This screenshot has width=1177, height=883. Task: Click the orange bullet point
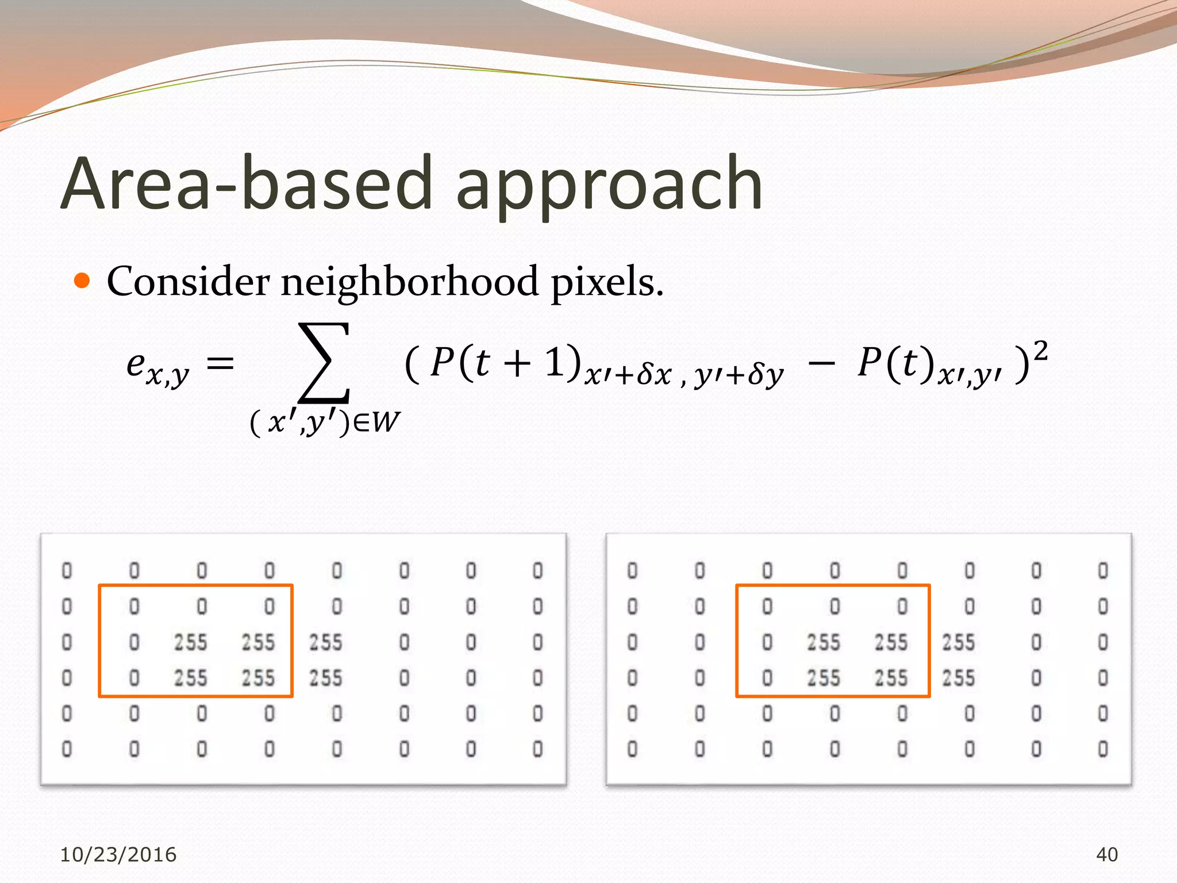pyautogui.click(x=83, y=281)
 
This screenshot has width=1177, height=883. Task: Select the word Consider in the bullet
pyautogui.click(x=188, y=282)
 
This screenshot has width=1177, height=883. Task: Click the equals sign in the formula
pyautogui.click(x=220, y=364)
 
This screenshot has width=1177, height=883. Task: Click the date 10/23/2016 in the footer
pyautogui.click(x=118, y=854)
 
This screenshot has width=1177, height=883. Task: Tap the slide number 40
pyautogui.click(x=1107, y=854)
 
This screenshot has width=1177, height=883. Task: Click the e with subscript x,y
pyautogui.click(x=157, y=366)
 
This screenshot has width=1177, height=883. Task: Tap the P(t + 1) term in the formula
pyautogui.click(x=505, y=363)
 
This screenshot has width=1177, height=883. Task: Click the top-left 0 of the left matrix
pyautogui.click(x=67, y=571)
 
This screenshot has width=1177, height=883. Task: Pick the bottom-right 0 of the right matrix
pyautogui.click(x=1103, y=749)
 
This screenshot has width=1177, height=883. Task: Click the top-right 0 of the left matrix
pyautogui.click(x=537, y=571)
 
